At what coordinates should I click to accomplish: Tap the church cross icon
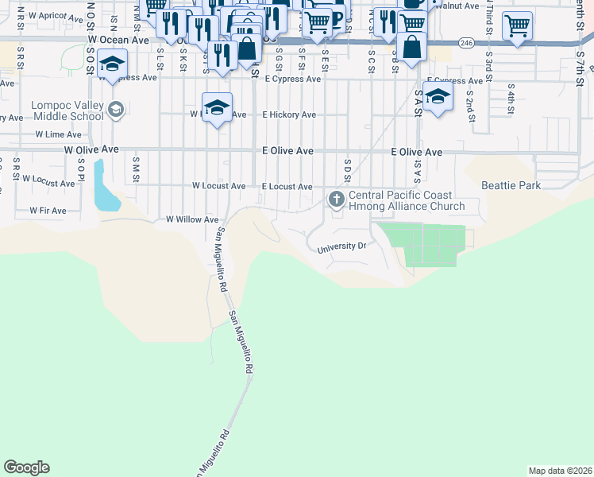pyautogui.click(x=337, y=198)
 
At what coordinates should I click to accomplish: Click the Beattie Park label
pyautogui.click(x=511, y=185)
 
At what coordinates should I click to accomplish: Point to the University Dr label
pyautogui.click(x=341, y=246)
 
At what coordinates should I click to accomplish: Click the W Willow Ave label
pyautogui.click(x=191, y=219)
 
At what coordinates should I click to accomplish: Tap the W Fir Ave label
pyautogui.click(x=48, y=211)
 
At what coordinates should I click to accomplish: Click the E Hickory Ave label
pyautogui.click(x=289, y=114)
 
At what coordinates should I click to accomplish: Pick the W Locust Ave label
pyautogui.click(x=218, y=186)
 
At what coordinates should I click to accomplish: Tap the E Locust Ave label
pyautogui.click(x=287, y=186)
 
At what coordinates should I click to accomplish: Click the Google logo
pyautogui.click(x=26, y=467)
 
